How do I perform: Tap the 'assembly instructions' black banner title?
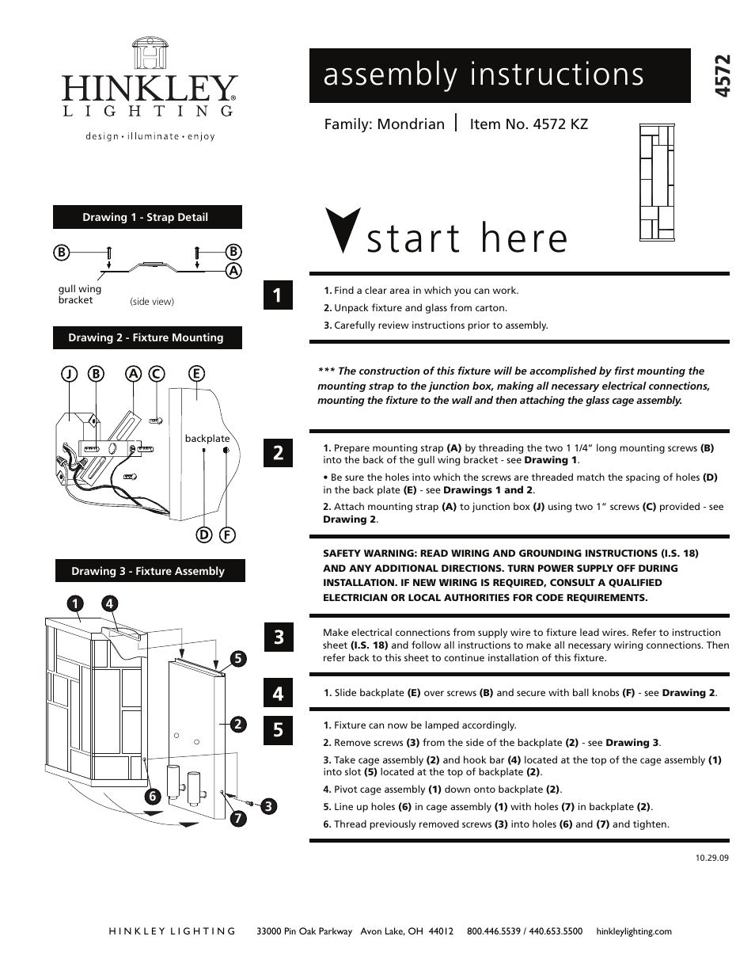click(484, 74)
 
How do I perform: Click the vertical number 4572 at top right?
click(721, 76)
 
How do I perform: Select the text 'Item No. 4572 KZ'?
click(529, 124)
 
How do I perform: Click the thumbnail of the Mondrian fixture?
click(658, 181)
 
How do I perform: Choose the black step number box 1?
click(278, 295)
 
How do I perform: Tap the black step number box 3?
click(278, 637)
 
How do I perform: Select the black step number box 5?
click(278, 729)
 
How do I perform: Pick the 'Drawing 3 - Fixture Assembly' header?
click(148, 571)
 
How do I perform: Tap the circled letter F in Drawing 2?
click(226, 535)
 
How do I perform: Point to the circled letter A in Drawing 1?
click(233, 270)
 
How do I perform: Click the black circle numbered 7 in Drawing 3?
click(235, 820)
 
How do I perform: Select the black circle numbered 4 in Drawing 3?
click(109, 604)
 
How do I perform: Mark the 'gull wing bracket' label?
click(79, 295)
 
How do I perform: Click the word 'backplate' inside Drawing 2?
click(207, 439)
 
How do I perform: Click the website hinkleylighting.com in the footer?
click(633, 931)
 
